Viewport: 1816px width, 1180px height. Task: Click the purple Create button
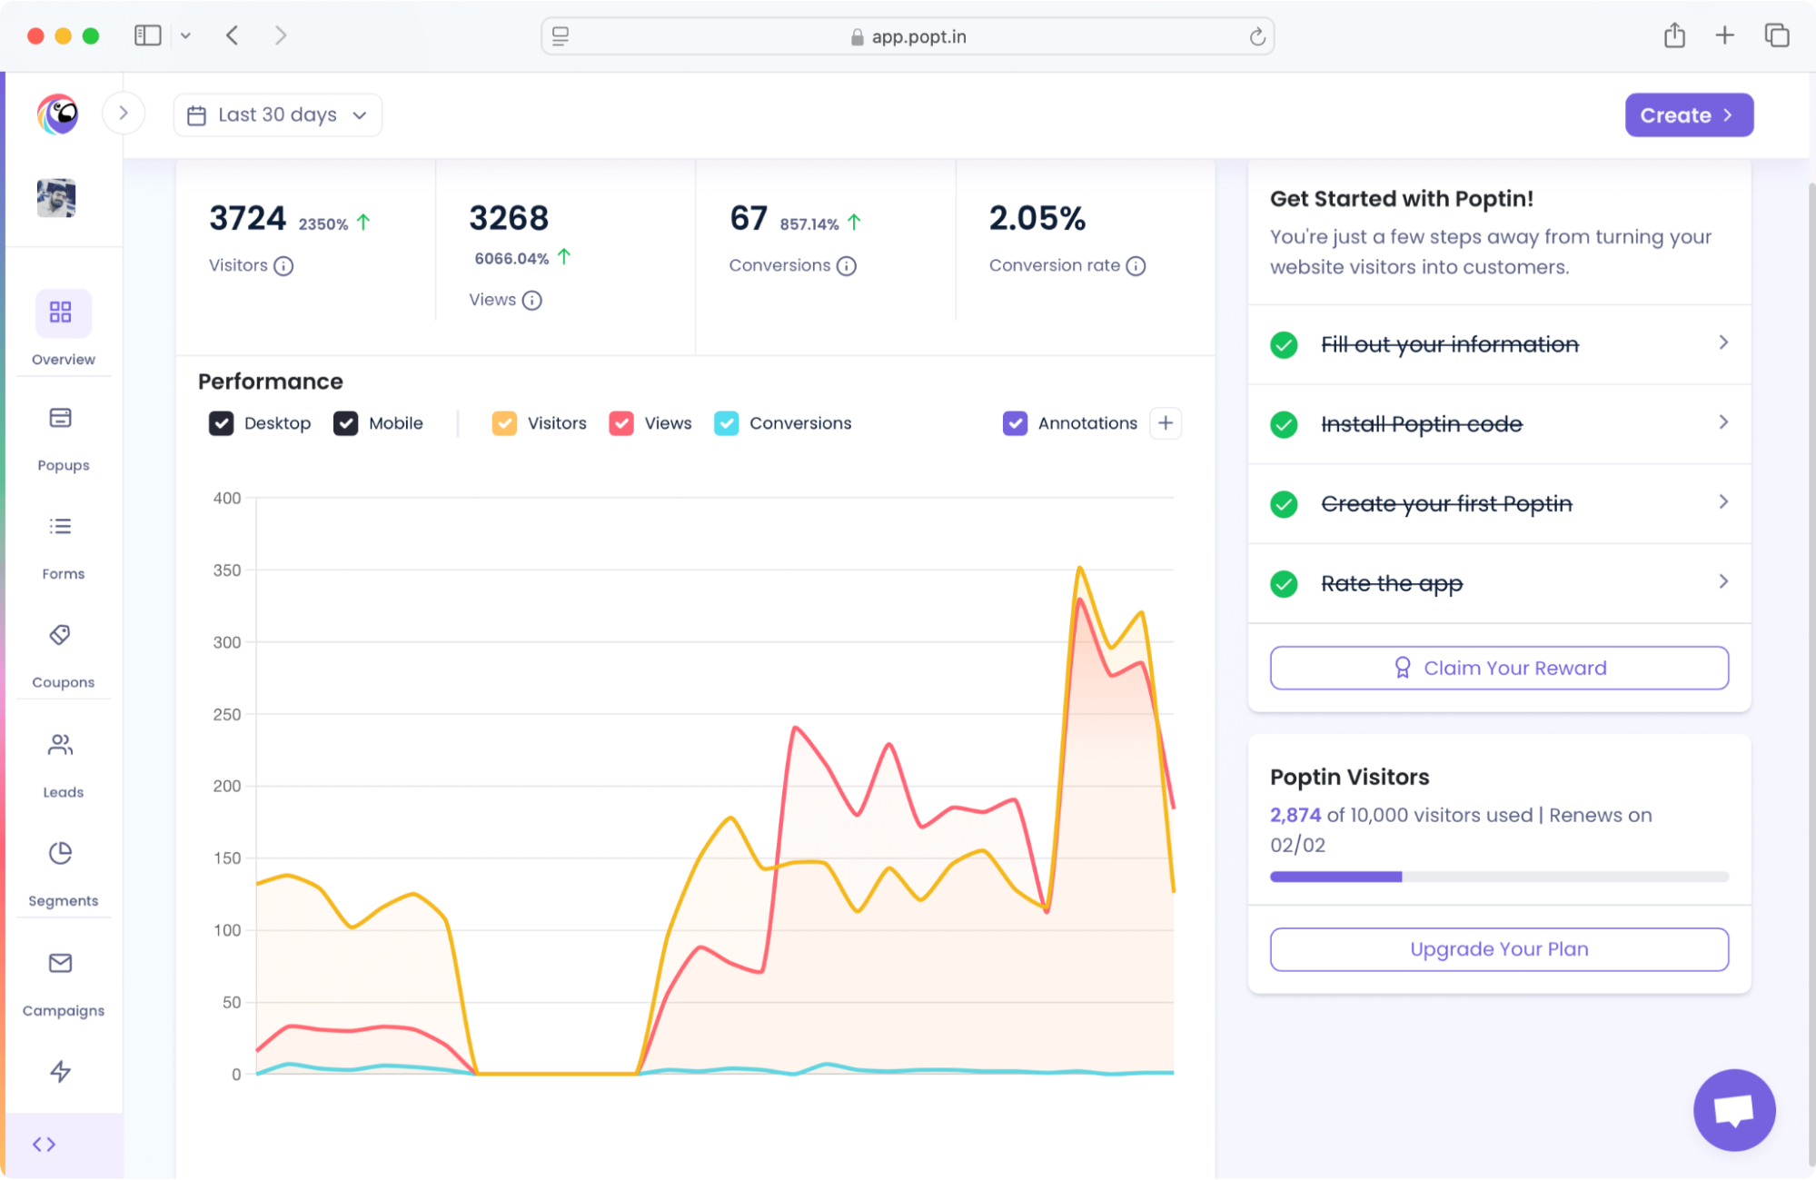[1688, 115]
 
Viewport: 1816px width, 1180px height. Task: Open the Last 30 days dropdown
[277, 115]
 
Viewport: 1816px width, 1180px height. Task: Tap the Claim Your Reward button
[1499, 668]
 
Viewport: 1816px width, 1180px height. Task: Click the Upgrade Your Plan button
[1499, 949]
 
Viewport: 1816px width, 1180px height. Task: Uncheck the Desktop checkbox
[221, 423]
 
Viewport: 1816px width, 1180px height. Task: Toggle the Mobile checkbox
[345, 423]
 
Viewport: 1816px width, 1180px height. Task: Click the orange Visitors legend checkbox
[504, 423]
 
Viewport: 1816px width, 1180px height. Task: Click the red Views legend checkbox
[621, 423]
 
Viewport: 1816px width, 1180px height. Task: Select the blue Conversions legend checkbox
[726, 423]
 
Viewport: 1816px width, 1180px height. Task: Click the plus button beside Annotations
[1166, 423]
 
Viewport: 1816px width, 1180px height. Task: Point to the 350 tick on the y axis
[227, 570]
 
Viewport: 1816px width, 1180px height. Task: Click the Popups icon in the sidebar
[61, 418]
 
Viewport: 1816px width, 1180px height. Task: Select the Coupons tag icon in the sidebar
[61, 635]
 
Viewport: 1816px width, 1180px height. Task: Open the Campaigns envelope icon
[61, 963]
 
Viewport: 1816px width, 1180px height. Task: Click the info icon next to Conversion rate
[1136, 266]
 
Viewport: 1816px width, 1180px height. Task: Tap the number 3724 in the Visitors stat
[247, 219]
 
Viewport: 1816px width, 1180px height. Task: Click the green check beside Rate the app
[1284, 583]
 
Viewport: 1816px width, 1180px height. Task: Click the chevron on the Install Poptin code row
[1722, 422]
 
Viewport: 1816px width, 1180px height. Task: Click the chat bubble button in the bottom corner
[1733, 1110]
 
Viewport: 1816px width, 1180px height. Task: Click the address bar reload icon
[1257, 36]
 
